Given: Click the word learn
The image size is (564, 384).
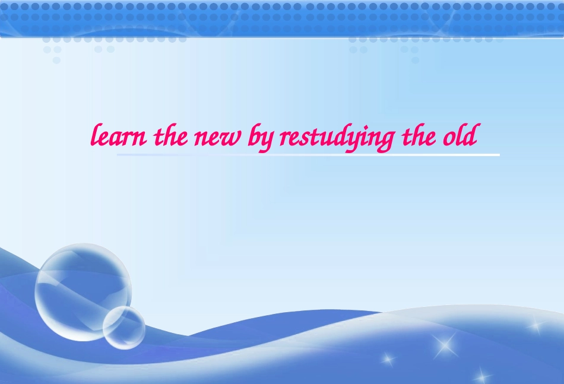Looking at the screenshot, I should pos(119,137).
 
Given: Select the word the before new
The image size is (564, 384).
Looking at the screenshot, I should pos(169,137).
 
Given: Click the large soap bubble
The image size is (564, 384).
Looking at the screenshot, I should pos(83,291).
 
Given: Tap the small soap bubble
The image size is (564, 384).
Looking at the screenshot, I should pos(123,327).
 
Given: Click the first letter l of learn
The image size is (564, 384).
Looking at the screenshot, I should pos(93,137).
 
